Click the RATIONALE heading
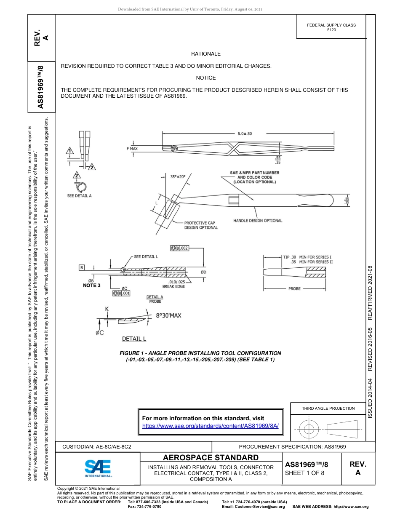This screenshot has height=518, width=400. click(206, 54)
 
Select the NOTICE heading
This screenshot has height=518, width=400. click(206, 78)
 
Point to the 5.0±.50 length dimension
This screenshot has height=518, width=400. click(244, 134)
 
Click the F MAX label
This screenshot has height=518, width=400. click(132, 149)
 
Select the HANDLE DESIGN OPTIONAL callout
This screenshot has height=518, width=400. click(258, 221)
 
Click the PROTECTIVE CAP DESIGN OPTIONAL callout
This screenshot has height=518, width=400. click(201, 225)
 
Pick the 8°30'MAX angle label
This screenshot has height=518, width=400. click(168, 315)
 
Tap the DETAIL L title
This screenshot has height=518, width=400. click(134, 339)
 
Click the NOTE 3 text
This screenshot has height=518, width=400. click(92, 286)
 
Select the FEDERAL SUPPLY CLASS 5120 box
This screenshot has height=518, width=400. click(331, 27)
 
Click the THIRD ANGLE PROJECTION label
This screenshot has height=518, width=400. click(328, 408)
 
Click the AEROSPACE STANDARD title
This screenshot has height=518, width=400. click(211, 458)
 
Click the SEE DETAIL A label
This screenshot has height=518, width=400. click(80, 195)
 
